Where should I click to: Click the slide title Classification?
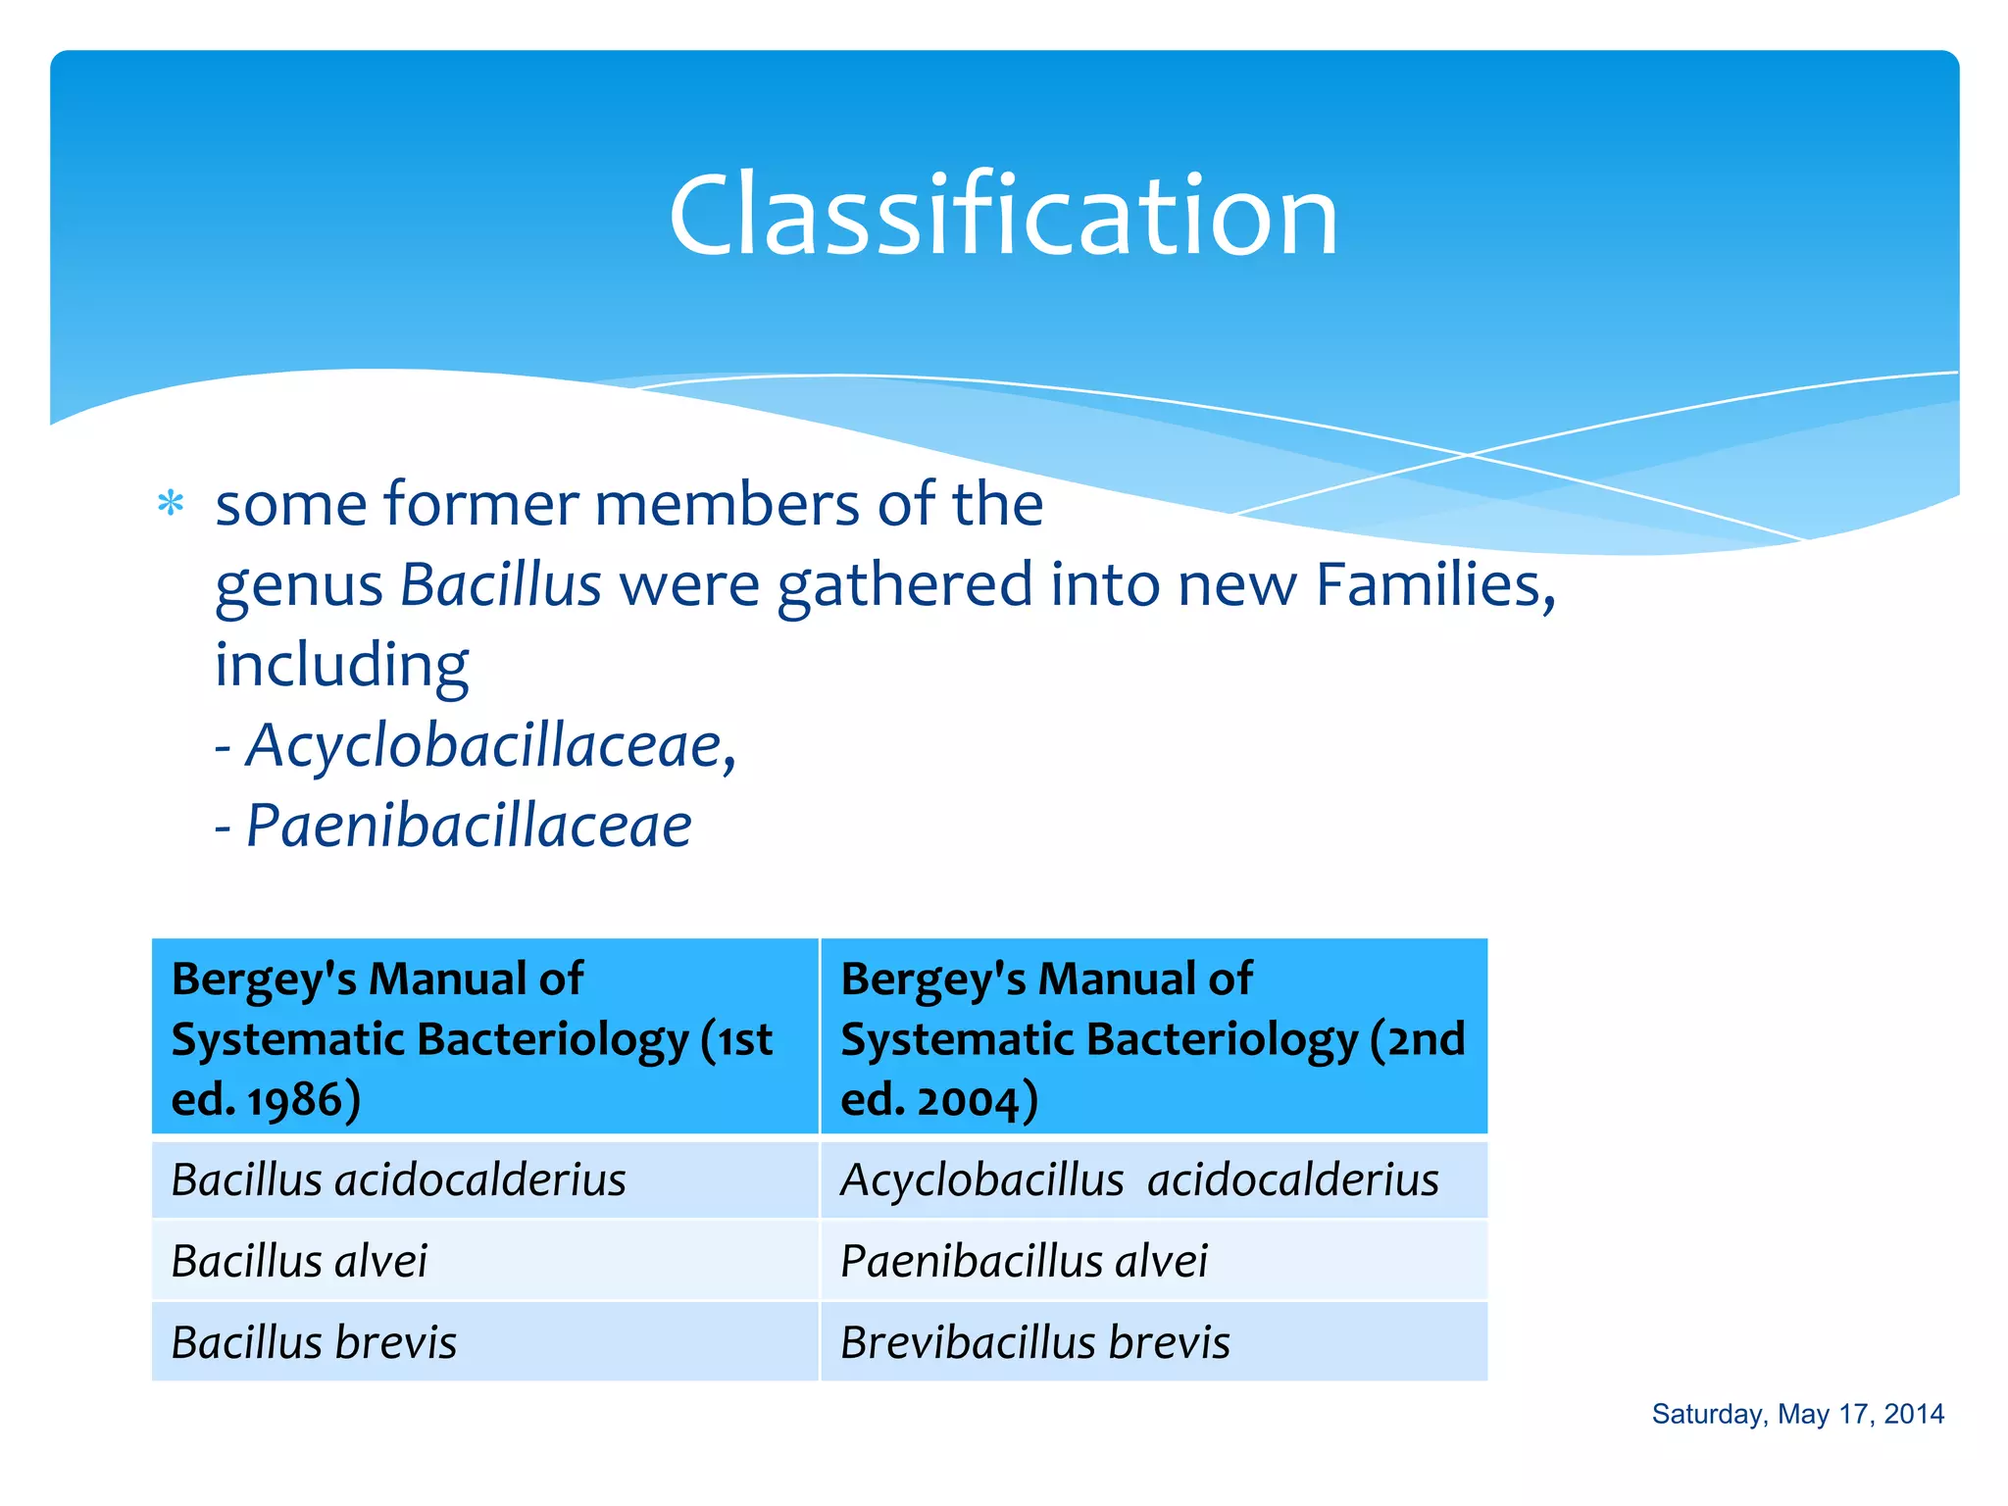(1003, 216)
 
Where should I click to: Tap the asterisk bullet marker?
(171, 504)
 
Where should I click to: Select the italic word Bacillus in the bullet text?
(500, 585)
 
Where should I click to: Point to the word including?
(341, 667)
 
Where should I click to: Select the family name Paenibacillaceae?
(469, 826)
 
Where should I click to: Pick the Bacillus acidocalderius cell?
(398, 1180)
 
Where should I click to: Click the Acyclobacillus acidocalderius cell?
(1139, 1180)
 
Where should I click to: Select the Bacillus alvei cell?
(299, 1261)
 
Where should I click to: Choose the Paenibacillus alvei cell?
(1024, 1261)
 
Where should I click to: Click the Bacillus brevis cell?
(314, 1342)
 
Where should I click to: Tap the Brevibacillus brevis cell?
(1034, 1342)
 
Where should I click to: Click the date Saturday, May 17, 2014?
(1797, 1414)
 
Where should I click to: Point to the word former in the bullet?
(480, 504)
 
